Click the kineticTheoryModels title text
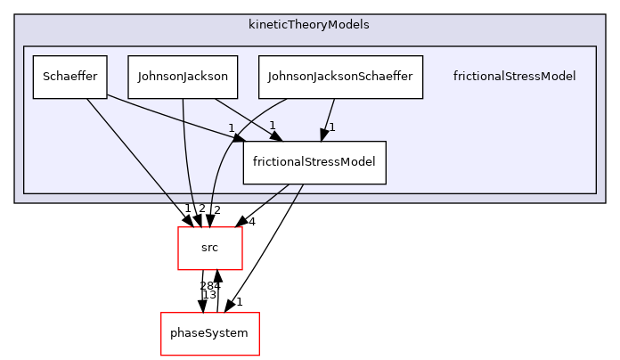coord(309,24)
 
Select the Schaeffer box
coord(70,77)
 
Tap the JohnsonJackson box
coord(183,77)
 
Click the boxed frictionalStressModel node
coord(314,162)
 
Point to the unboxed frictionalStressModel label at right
coord(514,77)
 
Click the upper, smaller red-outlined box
coord(210,248)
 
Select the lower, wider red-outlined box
coord(209,334)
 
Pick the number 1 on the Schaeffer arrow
coord(231,127)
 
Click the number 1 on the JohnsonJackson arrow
coord(273,125)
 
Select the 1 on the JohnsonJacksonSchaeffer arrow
coord(332,127)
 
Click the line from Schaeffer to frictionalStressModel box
coord(169,115)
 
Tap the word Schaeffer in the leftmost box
coord(70,77)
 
